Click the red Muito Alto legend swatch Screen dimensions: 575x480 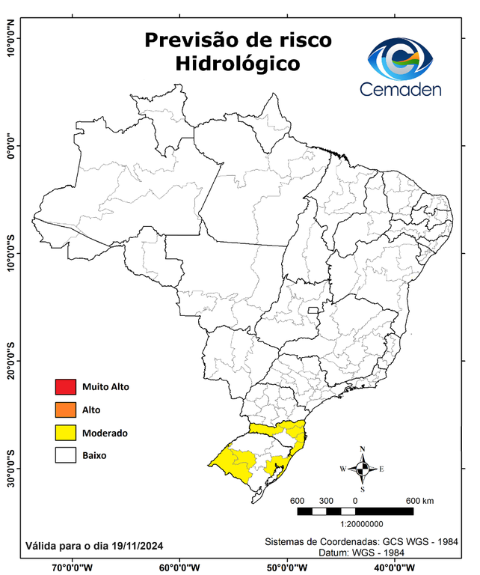click(x=65, y=387)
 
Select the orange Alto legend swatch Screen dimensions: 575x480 click(x=65, y=410)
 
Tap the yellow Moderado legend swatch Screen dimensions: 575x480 click(x=65, y=432)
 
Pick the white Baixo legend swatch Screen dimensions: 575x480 click(x=65, y=454)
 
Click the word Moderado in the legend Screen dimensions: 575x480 click(x=105, y=433)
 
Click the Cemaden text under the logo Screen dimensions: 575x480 click(x=401, y=89)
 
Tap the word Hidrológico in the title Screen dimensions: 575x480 click(x=238, y=64)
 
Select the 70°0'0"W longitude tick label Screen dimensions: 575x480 click(x=73, y=567)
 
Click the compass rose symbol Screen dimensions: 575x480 click(x=363, y=469)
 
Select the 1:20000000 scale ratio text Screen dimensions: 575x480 click(x=363, y=524)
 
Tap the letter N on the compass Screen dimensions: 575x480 click(x=363, y=449)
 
